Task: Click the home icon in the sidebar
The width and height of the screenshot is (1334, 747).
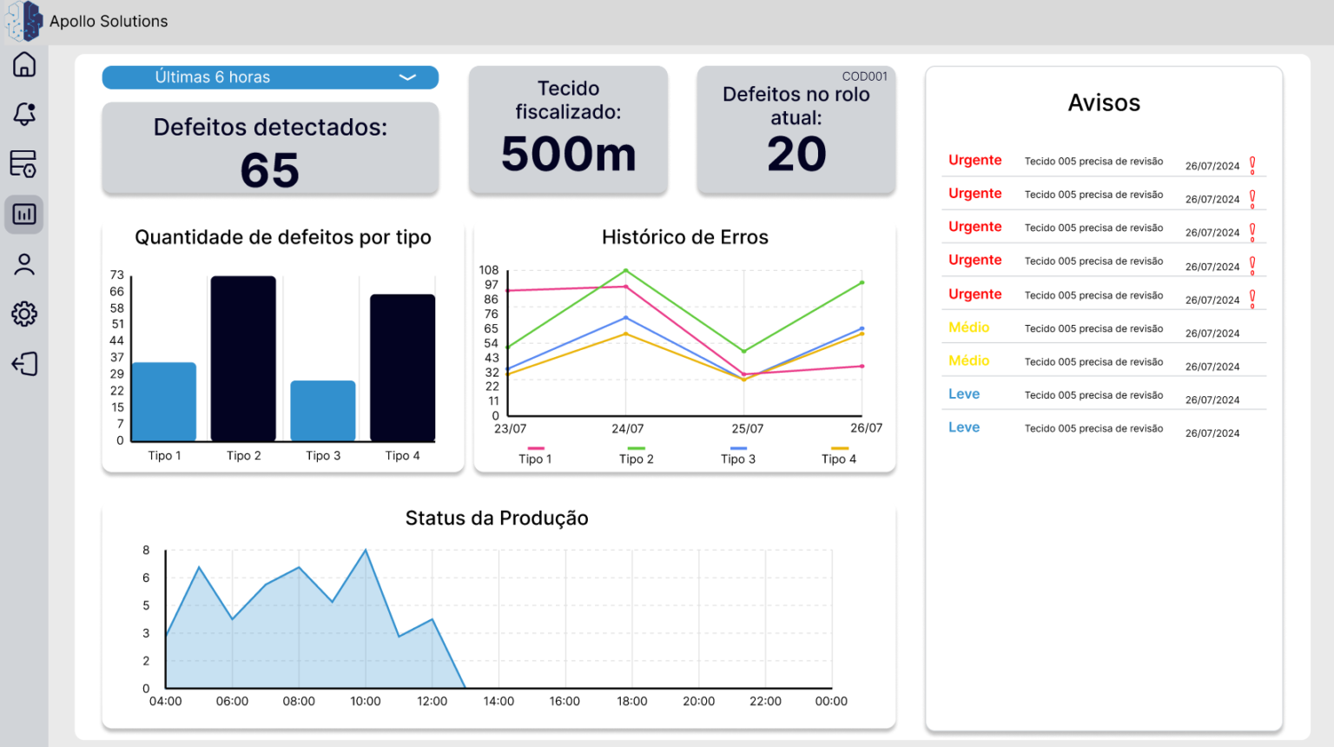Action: pyautogui.click(x=23, y=64)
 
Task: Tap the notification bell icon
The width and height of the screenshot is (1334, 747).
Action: pyautogui.click(x=23, y=113)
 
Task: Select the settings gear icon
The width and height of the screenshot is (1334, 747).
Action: pyautogui.click(x=23, y=314)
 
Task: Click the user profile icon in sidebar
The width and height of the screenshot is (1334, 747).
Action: pyautogui.click(x=23, y=264)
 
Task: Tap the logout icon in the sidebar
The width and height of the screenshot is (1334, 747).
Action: pyautogui.click(x=24, y=363)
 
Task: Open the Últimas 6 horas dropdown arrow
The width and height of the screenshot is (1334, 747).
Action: pyautogui.click(x=407, y=77)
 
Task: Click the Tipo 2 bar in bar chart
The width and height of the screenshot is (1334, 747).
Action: pyautogui.click(x=243, y=359)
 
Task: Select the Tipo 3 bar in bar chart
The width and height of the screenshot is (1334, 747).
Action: pyautogui.click(x=323, y=411)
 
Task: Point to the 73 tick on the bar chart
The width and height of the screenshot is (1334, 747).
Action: pyautogui.click(x=116, y=274)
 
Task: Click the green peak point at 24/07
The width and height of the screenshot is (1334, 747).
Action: pyautogui.click(x=626, y=270)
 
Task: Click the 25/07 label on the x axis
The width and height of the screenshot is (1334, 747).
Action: pyautogui.click(x=748, y=428)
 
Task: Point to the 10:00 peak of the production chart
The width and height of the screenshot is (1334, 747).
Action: pyautogui.click(x=366, y=550)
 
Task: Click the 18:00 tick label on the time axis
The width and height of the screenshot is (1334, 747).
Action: pyautogui.click(x=632, y=701)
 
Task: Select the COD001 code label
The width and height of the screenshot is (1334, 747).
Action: pyautogui.click(x=864, y=76)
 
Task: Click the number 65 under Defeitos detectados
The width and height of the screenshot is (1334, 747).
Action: pyautogui.click(x=270, y=170)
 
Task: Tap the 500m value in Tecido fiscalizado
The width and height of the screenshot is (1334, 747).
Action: pyautogui.click(x=569, y=155)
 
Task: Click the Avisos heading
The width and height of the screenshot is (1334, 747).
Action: pyautogui.click(x=1104, y=102)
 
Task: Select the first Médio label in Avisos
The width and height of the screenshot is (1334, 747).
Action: pyautogui.click(x=969, y=327)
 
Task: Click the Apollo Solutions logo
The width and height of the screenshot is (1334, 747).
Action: pyautogui.click(x=24, y=22)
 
